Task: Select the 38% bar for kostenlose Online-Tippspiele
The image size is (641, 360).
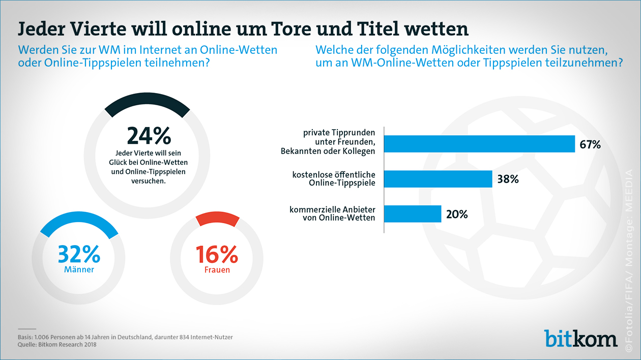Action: [438, 179]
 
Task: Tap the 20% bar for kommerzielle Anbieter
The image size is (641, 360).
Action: [413, 214]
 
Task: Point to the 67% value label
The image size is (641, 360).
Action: [590, 144]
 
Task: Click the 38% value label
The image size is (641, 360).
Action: [508, 179]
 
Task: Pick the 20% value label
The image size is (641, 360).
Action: [457, 214]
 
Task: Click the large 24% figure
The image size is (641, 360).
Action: [149, 136]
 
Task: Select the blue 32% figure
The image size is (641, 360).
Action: [79, 254]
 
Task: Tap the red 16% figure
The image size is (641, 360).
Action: [217, 254]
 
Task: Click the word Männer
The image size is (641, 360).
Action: [79, 270]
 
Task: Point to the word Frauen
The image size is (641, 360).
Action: [217, 270]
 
